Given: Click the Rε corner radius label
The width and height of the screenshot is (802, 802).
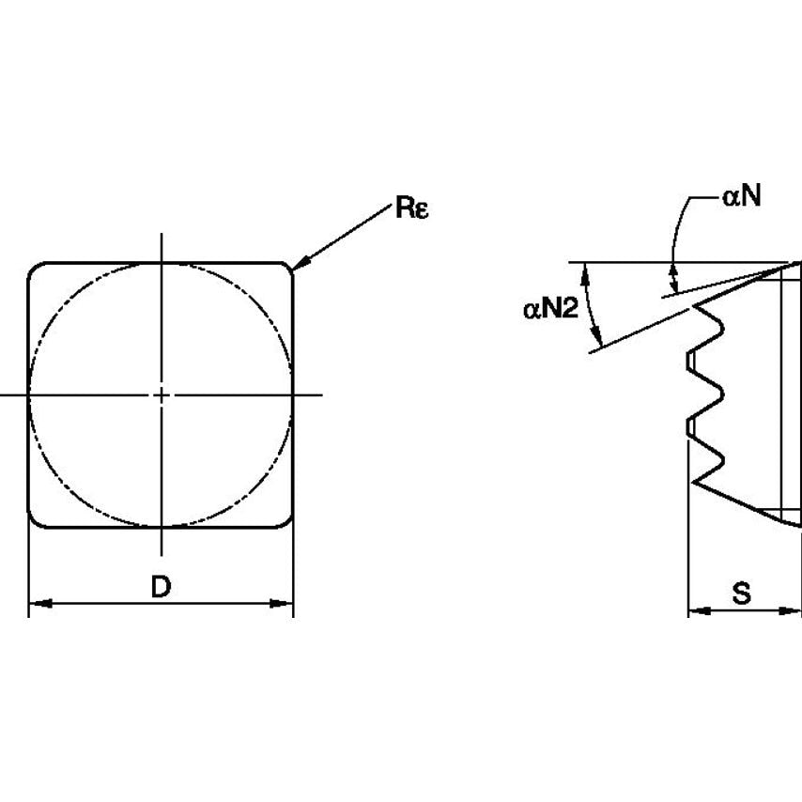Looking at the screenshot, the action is [411, 208].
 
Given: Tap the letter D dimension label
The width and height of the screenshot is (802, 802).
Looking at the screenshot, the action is [162, 587].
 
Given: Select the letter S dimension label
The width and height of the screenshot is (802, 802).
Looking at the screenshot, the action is [742, 594].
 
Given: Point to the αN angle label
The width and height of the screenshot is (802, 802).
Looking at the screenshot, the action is [742, 195].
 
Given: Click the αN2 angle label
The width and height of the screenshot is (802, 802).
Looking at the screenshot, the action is [550, 309].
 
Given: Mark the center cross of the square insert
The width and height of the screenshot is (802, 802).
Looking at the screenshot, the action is [162, 394].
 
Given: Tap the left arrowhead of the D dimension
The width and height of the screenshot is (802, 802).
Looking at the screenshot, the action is [39, 604].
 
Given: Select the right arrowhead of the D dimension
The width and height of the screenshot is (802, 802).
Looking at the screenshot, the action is [282, 604].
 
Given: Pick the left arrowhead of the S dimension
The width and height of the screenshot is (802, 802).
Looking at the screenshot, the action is [700, 610].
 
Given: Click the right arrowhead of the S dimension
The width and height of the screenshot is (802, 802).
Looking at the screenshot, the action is [789, 610].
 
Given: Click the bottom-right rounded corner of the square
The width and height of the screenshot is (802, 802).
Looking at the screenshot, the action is [287, 522].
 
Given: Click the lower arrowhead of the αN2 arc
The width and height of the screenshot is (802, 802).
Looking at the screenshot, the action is [597, 335].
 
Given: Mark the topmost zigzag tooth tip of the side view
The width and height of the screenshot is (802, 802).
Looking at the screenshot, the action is [695, 306].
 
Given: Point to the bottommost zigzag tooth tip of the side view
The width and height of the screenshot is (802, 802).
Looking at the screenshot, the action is [694, 482].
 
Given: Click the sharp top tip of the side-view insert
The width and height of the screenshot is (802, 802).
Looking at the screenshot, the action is [799, 262].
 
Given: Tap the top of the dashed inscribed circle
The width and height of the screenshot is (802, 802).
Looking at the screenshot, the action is [162, 264].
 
